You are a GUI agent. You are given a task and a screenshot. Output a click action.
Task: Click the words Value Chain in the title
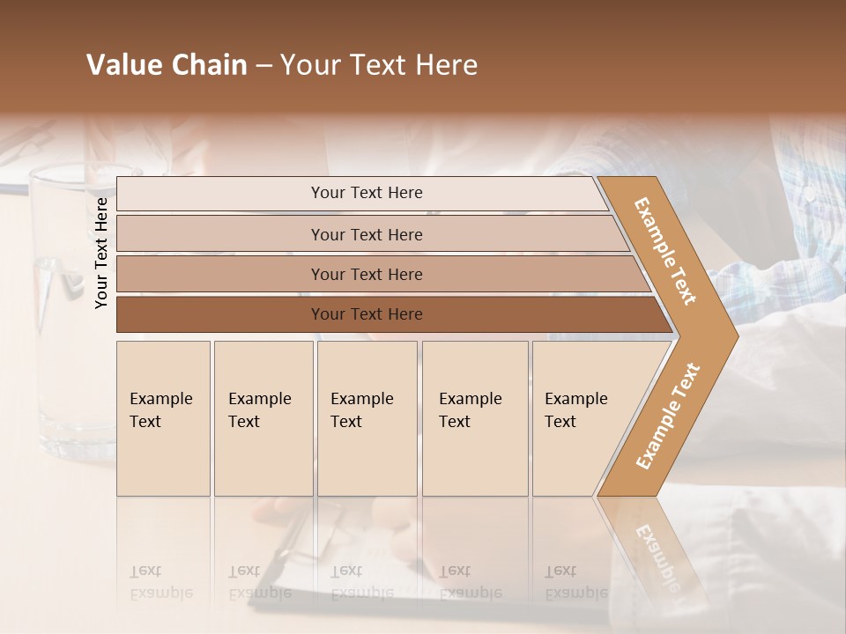(x=167, y=65)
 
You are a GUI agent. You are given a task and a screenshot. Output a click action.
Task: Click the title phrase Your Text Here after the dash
(x=379, y=65)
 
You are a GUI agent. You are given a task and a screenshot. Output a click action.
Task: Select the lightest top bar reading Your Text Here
(x=366, y=193)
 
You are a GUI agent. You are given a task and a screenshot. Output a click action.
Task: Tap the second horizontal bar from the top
(x=366, y=234)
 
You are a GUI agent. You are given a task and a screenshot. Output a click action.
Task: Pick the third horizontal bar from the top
(x=366, y=274)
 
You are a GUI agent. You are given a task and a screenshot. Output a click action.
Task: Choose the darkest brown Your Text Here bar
(x=366, y=314)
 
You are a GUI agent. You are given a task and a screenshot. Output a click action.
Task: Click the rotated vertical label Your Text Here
(x=101, y=253)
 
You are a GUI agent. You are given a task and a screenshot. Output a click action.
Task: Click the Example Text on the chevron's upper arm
(x=665, y=251)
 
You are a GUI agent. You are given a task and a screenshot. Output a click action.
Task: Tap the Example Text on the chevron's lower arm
(x=667, y=416)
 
